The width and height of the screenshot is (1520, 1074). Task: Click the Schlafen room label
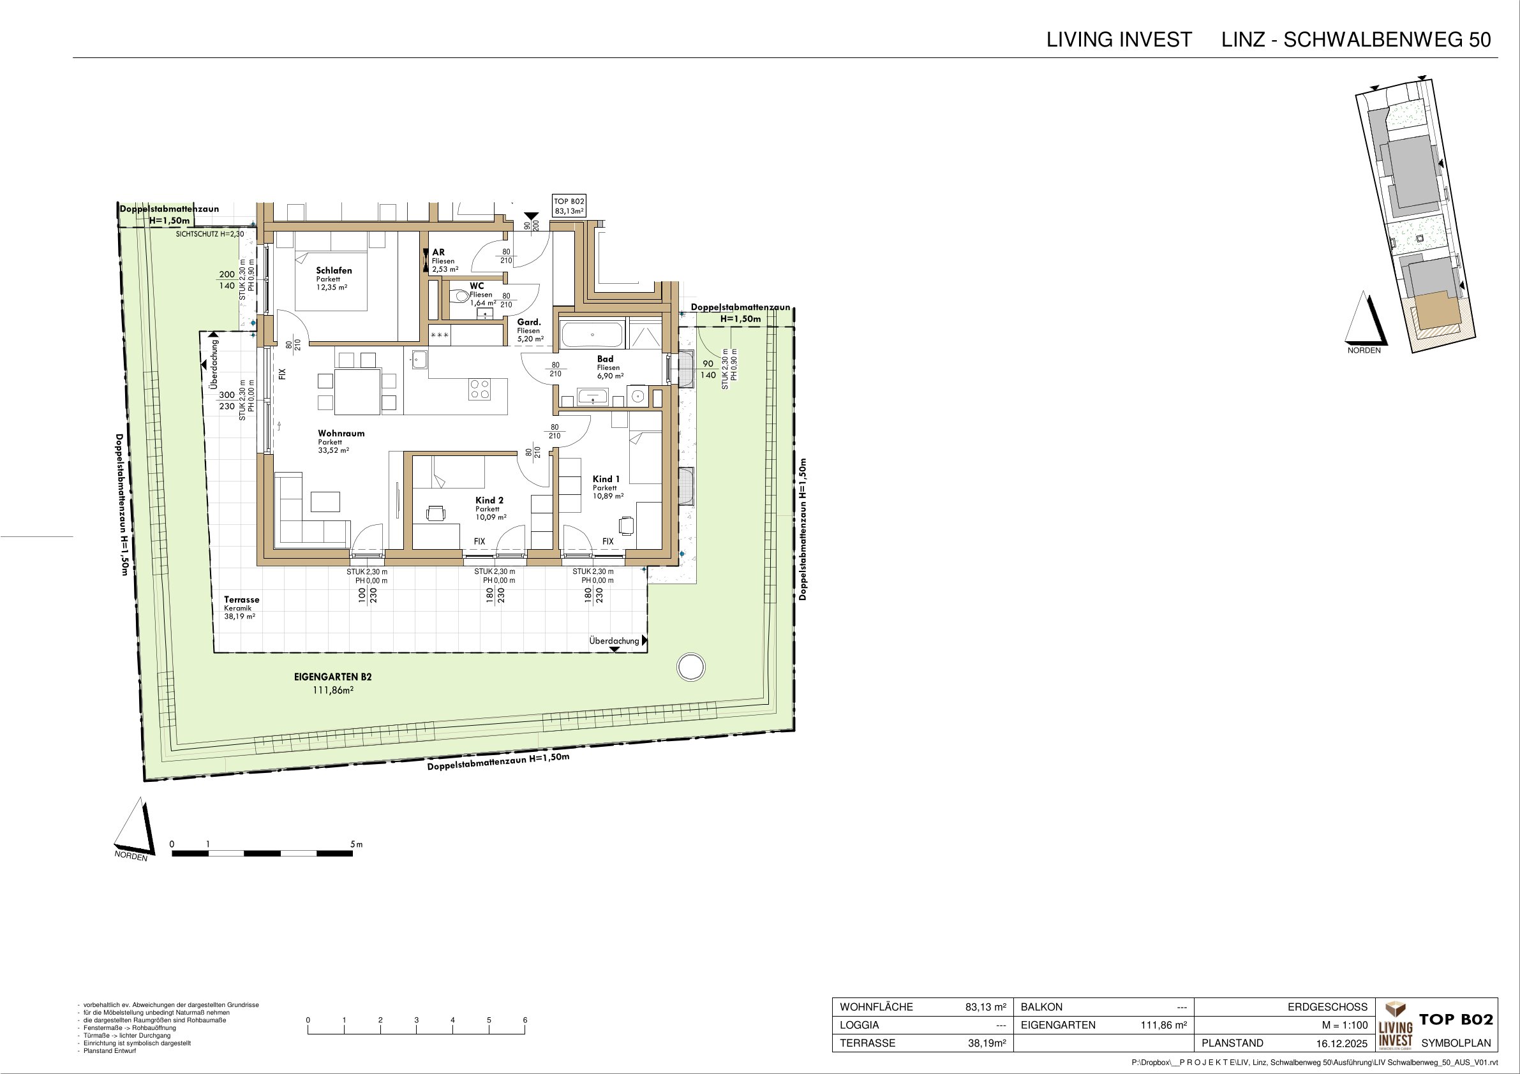click(334, 270)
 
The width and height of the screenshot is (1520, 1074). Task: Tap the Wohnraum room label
click(341, 434)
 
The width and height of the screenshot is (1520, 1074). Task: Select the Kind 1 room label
click(606, 479)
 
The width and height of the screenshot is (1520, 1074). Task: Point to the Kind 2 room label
click(489, 500)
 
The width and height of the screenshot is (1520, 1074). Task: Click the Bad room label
click(605, 359)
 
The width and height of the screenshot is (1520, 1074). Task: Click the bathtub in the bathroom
click(592, 335)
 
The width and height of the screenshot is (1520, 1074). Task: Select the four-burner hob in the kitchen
click(480, 389)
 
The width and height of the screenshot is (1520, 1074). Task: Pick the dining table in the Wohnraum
click(357, 392)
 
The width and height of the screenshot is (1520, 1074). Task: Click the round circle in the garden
click(690, 666)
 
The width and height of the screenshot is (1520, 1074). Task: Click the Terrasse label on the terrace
click(242, 600)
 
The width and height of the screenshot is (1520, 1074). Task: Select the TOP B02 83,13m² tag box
click(569, 206)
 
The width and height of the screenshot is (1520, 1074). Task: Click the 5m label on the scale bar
click(357, 844)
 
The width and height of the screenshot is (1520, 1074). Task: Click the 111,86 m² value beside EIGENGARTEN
click(1163, 1025)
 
